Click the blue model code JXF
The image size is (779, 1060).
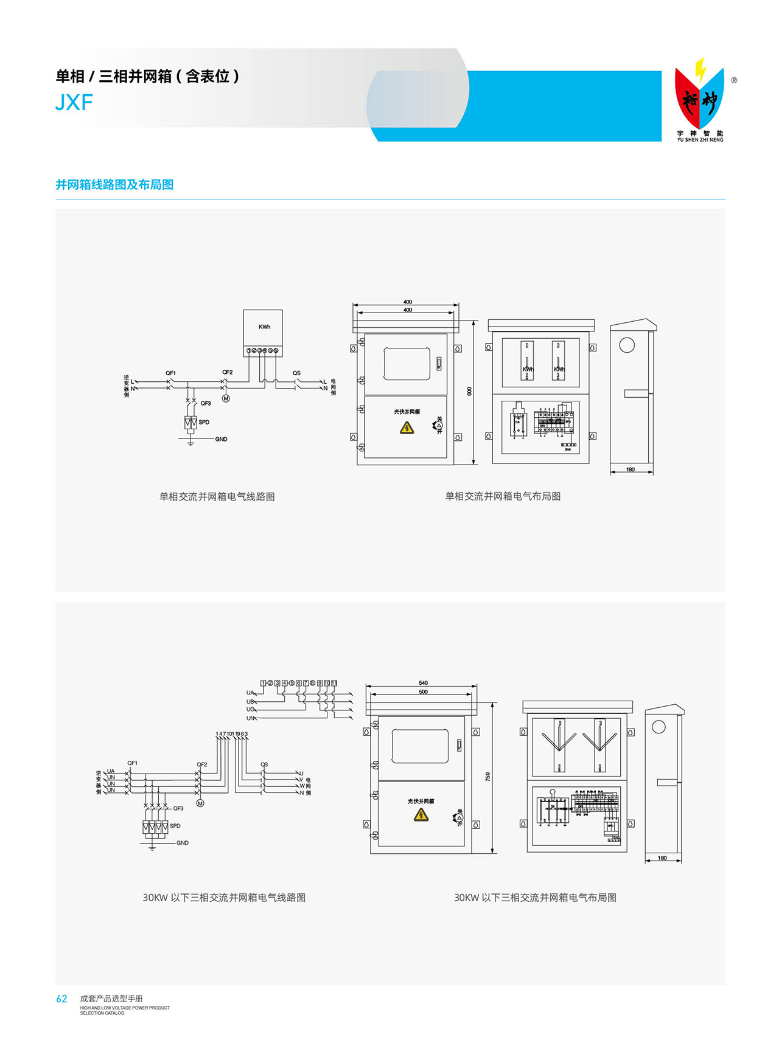(74, 103)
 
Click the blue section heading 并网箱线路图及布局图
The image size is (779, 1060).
(114, 185)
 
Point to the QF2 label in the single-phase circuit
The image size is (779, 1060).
(227, 372)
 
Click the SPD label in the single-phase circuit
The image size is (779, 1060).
(204, 422)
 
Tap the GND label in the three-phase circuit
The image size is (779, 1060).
(183, 843)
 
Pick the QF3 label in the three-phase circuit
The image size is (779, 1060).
(178, 808)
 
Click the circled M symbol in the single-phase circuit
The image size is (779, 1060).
(226, 398)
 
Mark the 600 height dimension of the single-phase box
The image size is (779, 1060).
(469, 391)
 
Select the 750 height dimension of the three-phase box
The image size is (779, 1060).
(487, 777)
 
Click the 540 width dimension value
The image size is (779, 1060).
(423, 683)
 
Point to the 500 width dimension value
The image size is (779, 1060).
(423, 691)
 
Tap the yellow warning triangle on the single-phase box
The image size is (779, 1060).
(407, 428)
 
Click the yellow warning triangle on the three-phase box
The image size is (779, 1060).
(421, 815)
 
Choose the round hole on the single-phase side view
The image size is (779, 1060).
(627, 345)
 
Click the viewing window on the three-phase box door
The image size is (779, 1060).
(420, 746)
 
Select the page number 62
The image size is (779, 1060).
(61, 999)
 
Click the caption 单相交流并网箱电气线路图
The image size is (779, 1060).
(217, 497)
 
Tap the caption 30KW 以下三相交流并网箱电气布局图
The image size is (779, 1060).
(535, 898)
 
